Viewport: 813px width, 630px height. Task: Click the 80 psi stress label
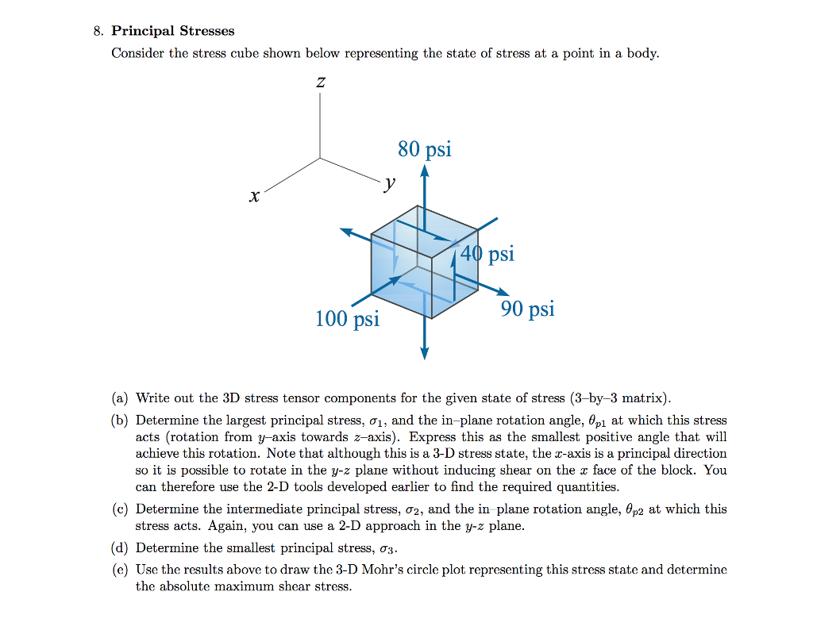[x=425, y=149]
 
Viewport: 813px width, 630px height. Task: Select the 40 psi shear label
[x=489, y=254]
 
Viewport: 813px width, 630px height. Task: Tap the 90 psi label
[x=527, y=309]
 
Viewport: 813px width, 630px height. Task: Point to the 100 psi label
[x=347, y=319]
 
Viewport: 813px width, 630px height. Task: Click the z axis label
[x=321, y=82]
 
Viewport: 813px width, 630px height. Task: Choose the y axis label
[x=388, y=184]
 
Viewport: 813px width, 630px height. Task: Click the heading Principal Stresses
[x=173, y=31]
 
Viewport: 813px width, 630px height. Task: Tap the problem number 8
[x=97, y=31]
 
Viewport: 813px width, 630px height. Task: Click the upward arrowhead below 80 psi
[x=425, y=170]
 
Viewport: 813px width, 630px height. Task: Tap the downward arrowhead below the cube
[x=425, y=353]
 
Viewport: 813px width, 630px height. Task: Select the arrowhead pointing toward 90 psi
[x=503, y=292]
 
